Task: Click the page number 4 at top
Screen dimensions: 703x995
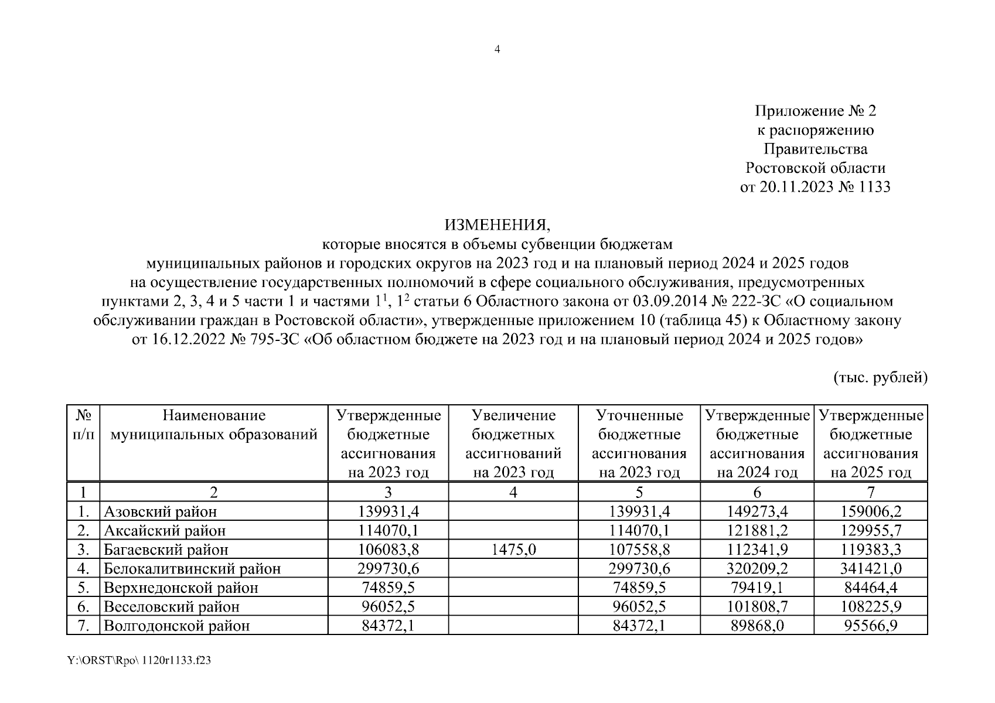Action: pyautogui.click(x=497, y=49)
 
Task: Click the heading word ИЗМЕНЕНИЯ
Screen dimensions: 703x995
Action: pyautogui.click(x=497, y=225)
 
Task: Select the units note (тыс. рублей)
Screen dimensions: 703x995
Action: pyautogui.click(x=880, y=378)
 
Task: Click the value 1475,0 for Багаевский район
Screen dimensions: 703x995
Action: pyautogui.click(x=513, y=550)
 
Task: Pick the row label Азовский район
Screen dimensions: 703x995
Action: pyautogui.click(x=160, y=511)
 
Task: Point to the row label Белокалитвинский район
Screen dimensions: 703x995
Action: pyautogui.click(x=192, y=568)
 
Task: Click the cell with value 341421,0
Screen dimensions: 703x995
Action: pyautogui.click(x=871, y=568)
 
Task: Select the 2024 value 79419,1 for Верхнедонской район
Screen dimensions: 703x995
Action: pyautogui.click(x=757, y=588)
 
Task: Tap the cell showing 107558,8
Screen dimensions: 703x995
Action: pyautogui.click(x=639, y=550)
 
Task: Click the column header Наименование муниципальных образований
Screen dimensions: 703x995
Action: pyautogui.click(x=214, y=425)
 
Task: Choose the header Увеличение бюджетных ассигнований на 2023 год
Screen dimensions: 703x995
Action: pyautogui.click(x=513, y=443)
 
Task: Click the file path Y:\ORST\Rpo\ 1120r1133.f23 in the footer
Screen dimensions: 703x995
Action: pyautogui.click(x=139, y=661)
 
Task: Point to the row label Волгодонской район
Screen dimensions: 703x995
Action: pyautogui.click(x=176, y=626)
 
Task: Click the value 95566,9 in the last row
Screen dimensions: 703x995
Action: pyautogui.click(x=871, y=626)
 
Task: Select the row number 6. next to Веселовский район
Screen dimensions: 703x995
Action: pyautogui.click(x=83, y=606)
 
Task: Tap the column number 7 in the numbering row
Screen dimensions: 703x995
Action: pyautogui.click(x=871, y=492)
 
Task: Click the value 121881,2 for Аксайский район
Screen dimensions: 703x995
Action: pyautogui.click(x=757, y=531)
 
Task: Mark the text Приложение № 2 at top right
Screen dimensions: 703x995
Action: pyautogui.click(x=815, y=111)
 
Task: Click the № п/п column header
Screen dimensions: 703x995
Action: pyautogui.click(x=83, y=425)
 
